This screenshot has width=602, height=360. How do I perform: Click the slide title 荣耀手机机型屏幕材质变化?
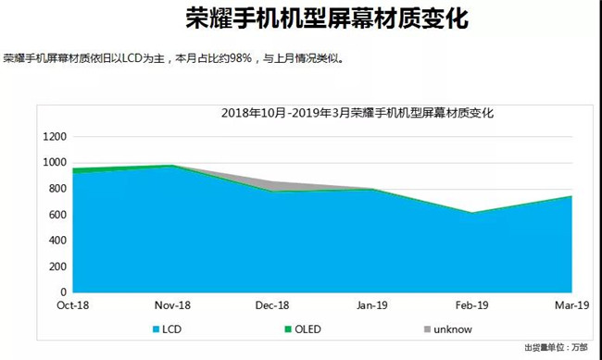pos(300,19)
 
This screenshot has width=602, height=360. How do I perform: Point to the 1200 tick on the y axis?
pos(56,137)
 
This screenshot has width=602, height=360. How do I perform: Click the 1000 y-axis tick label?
pos(56,163)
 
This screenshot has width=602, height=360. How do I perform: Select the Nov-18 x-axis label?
pos(171,305)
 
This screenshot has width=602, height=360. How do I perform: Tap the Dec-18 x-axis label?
pos(271,305)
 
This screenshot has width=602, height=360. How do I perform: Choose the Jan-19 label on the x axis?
pos(371,305)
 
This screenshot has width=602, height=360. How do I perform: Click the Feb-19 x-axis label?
pos(472,305)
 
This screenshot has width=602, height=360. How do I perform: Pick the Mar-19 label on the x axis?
pos(571,305)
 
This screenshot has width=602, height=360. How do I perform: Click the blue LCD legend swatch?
pos(152,329)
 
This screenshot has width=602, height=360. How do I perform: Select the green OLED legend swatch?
pos(287,329)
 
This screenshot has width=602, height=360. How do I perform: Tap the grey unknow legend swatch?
pos(427,329)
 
